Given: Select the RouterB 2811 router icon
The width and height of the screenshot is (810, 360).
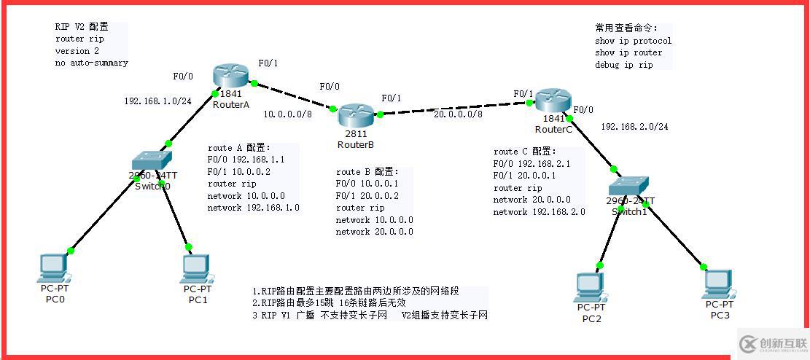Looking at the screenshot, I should pyautogui.click(x=356, y=114).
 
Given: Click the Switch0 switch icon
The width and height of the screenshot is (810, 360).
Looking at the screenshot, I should pyautogui.click(x=152, y=162).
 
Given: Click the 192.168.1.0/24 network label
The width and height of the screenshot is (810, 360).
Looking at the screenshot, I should pyautogui.click(x=157, y=101).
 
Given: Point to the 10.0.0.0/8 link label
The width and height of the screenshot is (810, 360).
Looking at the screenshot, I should pyautogui.click(x=287, y=114).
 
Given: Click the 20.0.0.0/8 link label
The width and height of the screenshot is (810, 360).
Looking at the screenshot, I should pyautogui.click(x=458, y=114).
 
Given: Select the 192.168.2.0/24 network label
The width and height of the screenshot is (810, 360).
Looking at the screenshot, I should pyautogui.click(x=634, y=127).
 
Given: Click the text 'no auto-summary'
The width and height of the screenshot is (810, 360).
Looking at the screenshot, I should pyautogui.click(x=91, y=63).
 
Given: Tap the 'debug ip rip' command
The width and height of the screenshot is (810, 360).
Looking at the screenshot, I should pyautogui.click(x=623, y=65).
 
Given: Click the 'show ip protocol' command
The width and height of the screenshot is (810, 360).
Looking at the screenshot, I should pyautogui.click(x=633, y=41).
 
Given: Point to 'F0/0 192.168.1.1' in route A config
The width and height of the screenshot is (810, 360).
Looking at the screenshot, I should pyautogui.click(x=246, y=160).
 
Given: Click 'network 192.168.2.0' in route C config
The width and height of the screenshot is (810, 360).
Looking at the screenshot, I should pyautogui.click(x=539, y=212).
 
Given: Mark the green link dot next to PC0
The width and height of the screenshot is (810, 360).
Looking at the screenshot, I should pyautogui.click(x=71, y=251).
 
